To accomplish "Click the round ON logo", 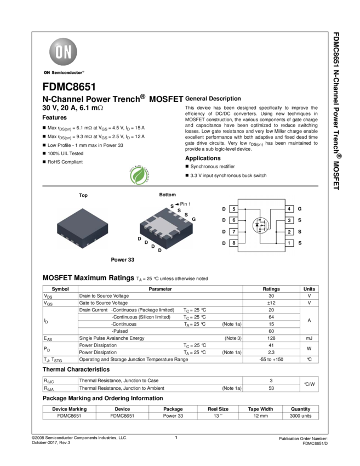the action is pos(64,52).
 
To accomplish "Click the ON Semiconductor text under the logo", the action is pos(64,72).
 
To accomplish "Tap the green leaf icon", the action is pos(139,175).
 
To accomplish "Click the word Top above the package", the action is pos(83,195).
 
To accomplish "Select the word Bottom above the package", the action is pos(168,195).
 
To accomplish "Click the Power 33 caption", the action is pos(123,260).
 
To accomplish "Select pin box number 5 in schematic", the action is pos(234,209).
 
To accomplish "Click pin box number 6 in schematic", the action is pos(234,220).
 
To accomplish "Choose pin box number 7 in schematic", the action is pos(234,232).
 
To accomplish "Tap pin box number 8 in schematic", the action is pos(234,243).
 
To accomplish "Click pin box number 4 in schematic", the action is pos(289,209).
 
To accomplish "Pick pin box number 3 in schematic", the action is pos(289,220).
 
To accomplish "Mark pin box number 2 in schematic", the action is pos(289,232).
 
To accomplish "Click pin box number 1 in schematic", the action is pos(289,243).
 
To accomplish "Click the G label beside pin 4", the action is pos(300,209).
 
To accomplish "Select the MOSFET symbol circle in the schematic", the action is pos(260,225).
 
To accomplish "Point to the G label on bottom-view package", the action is pos(194,219).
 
